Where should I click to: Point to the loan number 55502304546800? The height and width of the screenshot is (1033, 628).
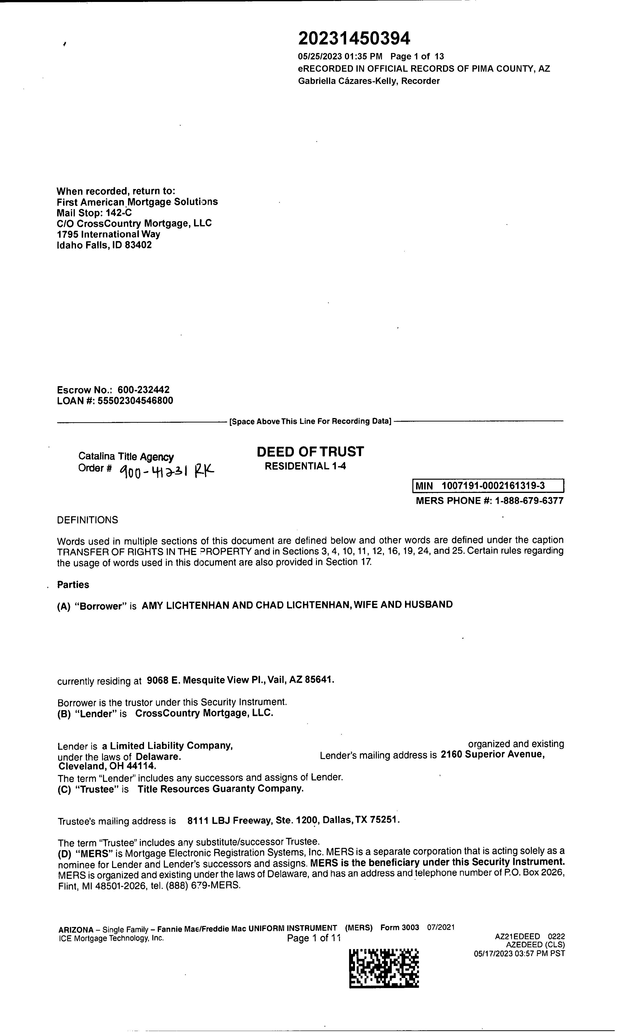(x=135, y=401)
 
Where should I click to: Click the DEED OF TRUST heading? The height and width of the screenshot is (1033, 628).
(x=310, y=451)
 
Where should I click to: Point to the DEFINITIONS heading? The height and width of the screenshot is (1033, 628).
(x=88, y=520)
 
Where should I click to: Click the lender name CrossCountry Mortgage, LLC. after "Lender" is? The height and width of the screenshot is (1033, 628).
(x=204, y=713)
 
